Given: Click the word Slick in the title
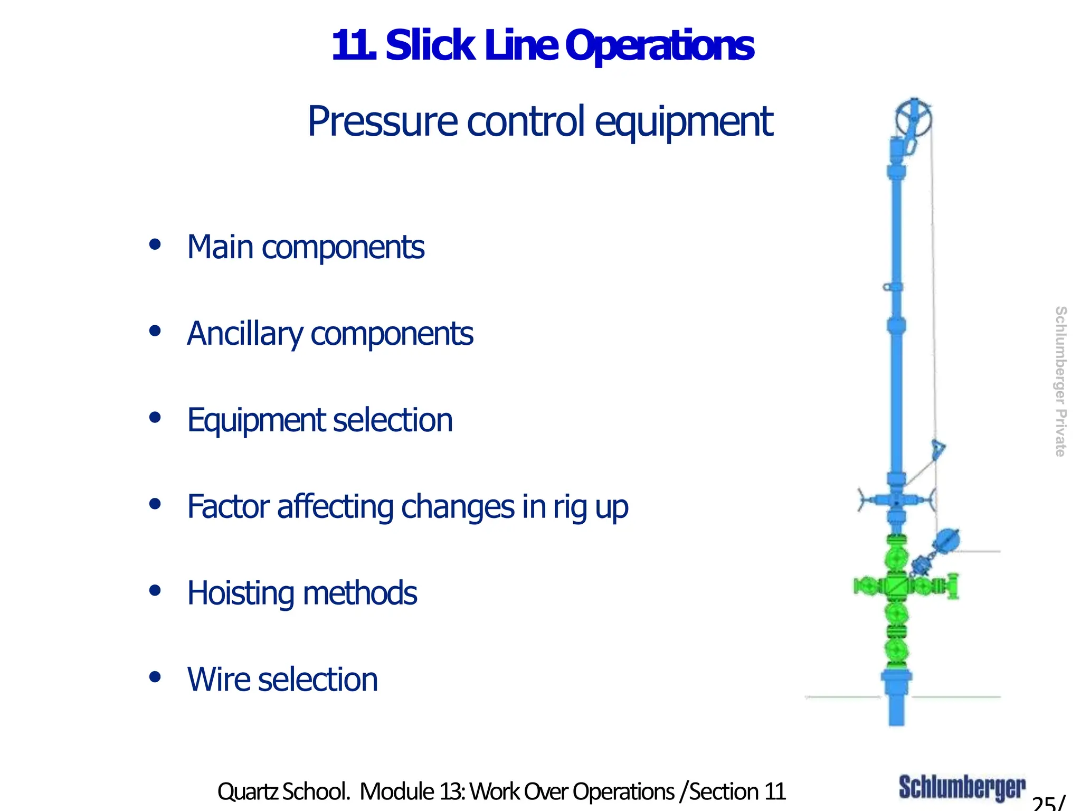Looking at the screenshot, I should point(430,46).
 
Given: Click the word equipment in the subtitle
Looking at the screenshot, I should point(684,122).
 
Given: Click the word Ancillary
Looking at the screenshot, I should point(244,334).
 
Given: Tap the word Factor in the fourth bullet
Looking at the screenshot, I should point(229,507).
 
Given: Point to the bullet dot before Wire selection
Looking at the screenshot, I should point(155,677).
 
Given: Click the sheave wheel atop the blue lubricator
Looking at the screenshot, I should point(914,118).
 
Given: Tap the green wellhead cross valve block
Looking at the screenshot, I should point(896,586).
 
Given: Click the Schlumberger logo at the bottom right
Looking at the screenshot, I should point(962,788).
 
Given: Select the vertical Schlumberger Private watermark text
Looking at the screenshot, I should point(1060,381).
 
